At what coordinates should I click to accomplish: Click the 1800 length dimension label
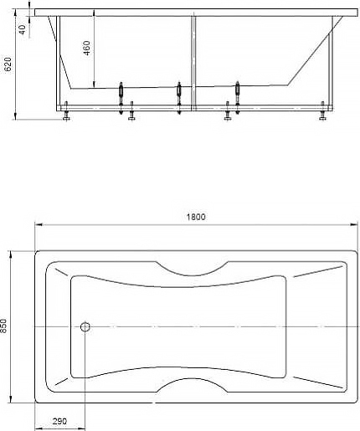(x=195, y=217)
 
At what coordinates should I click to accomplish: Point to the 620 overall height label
(x=8, y=64)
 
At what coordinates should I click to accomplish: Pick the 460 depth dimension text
(x=88, y=49)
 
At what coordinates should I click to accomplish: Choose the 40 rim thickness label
(x=22, y=28)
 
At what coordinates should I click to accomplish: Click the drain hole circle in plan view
(x=85, y=326)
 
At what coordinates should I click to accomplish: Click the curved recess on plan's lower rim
(x=193, y=387)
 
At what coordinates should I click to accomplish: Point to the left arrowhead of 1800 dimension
(x=37, y=224)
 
